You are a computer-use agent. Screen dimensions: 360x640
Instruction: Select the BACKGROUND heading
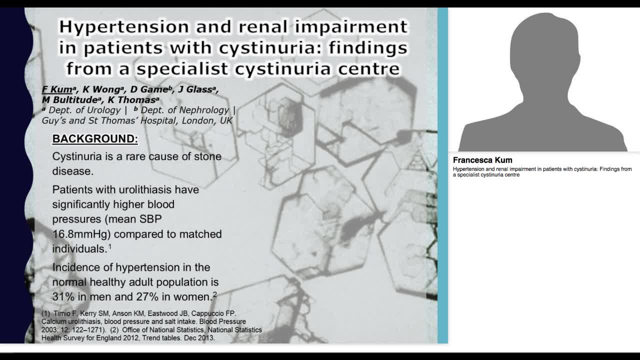[x=95, y=139]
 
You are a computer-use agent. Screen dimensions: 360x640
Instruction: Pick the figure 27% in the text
[x=147, y=297]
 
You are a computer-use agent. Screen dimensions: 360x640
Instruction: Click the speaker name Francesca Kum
[x=482, y=160]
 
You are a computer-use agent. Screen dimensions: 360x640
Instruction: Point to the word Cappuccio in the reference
[x=213, y=313]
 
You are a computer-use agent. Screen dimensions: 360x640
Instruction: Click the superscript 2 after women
[x=215, y=294]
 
